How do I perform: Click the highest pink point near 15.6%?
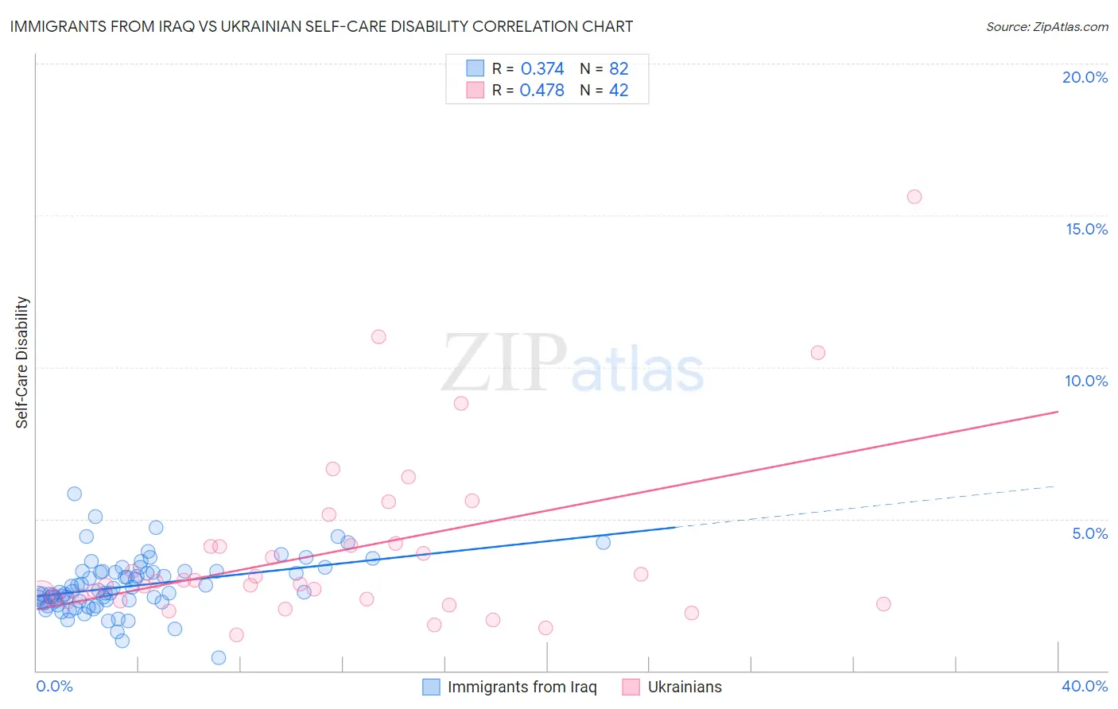[x=914, y=197]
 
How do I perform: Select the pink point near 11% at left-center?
[x=378, y=337]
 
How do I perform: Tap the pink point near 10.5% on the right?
[x=817, y=353]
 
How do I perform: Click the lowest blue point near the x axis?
[x=219, y=657]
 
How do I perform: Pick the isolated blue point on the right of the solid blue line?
[x=604, y=542]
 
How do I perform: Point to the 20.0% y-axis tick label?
[x=1085, y=77]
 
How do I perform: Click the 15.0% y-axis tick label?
[x=1086, y=229]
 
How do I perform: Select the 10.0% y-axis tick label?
[x=1086, y=381]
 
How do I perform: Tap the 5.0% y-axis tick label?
[x=1089, y=533]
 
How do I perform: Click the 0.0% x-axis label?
[x=54, y=686]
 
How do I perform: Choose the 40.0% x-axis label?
[x=1085, y=686]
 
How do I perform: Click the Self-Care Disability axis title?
[x=22, y=362]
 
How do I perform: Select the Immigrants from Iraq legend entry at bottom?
[x=510, y=687]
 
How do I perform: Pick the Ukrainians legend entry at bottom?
[x=673, y=687]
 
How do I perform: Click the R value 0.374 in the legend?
[x=542, y=69]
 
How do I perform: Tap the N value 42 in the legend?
[x=619, y=91]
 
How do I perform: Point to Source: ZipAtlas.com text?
[x=1046, y=27]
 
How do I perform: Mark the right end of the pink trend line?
[x=1058, y=412]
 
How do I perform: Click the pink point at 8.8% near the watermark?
[x=461, y=404]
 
